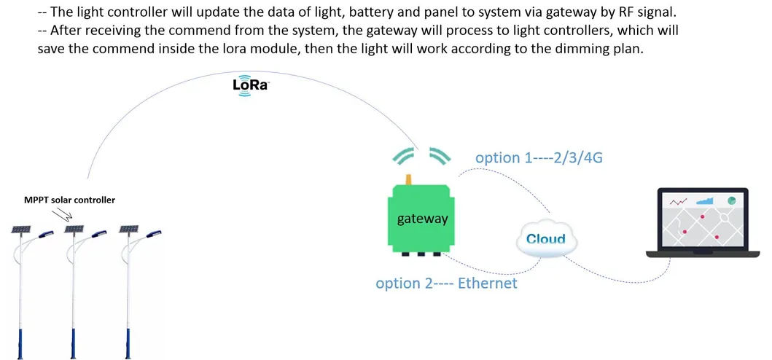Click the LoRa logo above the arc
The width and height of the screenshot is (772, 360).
(251, 85)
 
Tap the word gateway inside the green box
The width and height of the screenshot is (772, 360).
(422, 218)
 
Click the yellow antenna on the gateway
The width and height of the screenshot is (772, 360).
(410, 179)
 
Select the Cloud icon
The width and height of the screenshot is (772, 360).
(546, 239)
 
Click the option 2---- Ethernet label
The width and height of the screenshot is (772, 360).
(446, 283)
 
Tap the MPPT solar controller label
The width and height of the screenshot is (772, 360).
(70, 200)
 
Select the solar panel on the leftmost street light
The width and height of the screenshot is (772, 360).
(20, 230)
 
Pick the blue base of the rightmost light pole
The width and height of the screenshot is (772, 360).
(132, 342)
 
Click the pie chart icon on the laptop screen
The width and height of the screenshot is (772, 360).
(732, 200)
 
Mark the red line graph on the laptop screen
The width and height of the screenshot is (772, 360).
(679, 200)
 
